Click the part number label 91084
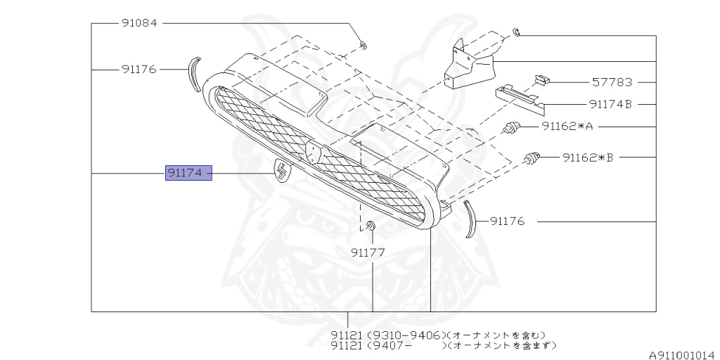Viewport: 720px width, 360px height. pyautogui.click(x=139, y=23)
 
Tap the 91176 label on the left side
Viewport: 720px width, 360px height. pyautogui.click(x=139, y=70)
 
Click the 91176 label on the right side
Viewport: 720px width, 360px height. pyautogui.click(x=507, y=221)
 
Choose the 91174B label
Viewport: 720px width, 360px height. pyautogui.click(x=611, y=105)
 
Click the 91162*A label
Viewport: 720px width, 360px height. pyautogui.click(x=567, y=127)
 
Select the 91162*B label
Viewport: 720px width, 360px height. pyautogui.click(x=588, y=157)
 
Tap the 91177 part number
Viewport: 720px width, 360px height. pyautogui.click(x=368, y=252)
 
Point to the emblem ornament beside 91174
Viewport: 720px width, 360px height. pyautogui.click(x=281, y=172)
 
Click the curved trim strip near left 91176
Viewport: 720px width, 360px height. pyautogui.click(x=193, y=74)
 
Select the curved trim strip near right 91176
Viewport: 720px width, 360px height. pyautogui.click(x=468, y=219)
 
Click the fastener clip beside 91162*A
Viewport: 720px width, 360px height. pyautogui.click(x=513, y=128)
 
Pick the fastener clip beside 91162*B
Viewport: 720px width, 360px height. pyautogui.click(x=532, y=158)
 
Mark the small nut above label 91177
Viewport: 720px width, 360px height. pyautogui.click(x=370, y=226)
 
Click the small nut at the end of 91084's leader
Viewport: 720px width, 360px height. pyautogui.click(x=363, y=46)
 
